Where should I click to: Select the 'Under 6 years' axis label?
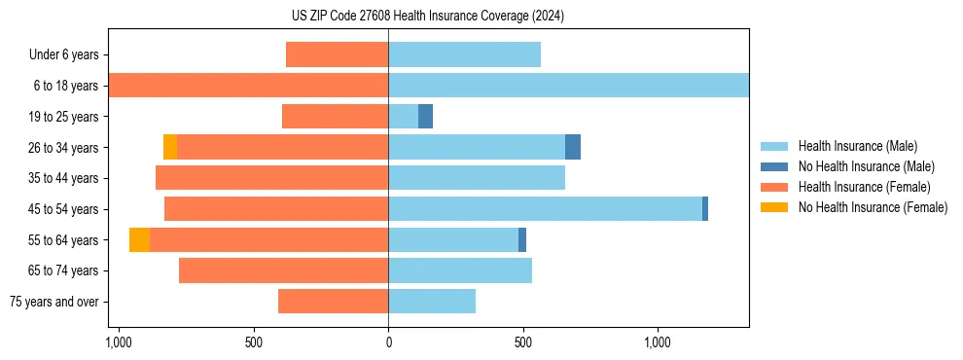pos(63,55)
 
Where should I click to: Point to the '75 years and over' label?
pos(54,302)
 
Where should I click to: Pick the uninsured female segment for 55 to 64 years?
pos(139,240)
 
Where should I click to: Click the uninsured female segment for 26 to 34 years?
pos(170,147)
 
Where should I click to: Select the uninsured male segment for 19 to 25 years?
pos(425,117)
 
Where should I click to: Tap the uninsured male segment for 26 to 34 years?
pos(573,147)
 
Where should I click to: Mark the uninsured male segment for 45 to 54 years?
pos(705,209)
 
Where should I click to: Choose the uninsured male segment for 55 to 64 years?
pos(522,240)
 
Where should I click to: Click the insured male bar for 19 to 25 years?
pos(403,117)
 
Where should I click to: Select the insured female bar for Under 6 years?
pos(337,55)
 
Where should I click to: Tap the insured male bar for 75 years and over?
pos(432,302)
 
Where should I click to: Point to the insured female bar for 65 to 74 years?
pos(283,270)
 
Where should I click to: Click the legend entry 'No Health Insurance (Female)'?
pos(873,207)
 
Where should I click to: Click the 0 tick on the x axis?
pos(388,342)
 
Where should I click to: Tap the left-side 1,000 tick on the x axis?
pos(118,342)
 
